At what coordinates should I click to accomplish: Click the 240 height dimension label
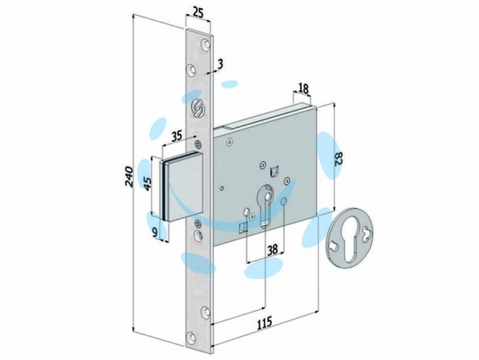[x=129, y=177]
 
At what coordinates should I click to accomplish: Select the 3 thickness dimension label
[x=221, y=64]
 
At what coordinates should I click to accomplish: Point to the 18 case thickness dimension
[x=303, y=88]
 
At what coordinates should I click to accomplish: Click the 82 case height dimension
[x=338, y=159]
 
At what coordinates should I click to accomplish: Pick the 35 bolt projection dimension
[x=176, y=135]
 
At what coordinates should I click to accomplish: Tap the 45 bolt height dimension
[x=147, y=183]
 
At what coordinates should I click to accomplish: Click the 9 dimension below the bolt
[x=155, y=233]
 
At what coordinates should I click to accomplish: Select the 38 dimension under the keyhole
[x=272, y=250]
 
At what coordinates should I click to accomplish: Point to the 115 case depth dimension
[x=263, y=323]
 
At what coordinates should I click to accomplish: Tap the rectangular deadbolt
[x=182, y=186]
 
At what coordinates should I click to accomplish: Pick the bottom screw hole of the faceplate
[x=192, y=338]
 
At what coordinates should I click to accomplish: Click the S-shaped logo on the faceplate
[x=196, y=107]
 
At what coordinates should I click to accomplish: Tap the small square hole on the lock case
[x=242, y=228]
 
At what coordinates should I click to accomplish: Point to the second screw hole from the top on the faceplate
[x=192, y=70]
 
